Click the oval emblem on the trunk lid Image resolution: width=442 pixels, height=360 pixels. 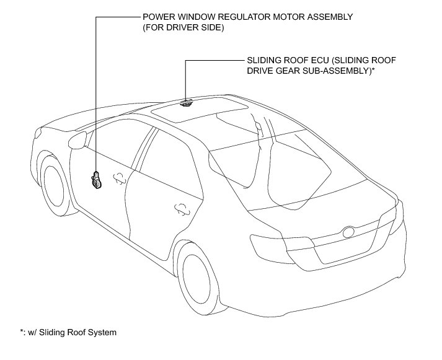click(x=348, y=234)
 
